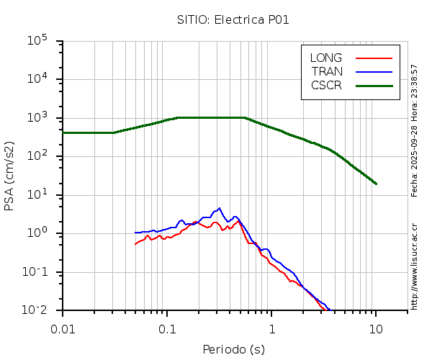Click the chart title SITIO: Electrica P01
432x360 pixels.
pyautogui.click(x=233, y=19)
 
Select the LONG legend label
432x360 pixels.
pyautogui.click(x=326, y=58)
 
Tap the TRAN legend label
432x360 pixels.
pyautogui.click(x=327, y=71)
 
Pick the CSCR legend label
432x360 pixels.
pyautogui.click(x=326, y=85)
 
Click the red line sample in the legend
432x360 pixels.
pyautogui.click(x=374, y=58)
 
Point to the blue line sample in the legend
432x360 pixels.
pyautogui.click(x=374, y=71)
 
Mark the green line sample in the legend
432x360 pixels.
pyautogui.click(x=374, y=85)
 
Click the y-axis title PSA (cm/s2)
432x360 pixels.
pyautogui.click(x=10, y=176)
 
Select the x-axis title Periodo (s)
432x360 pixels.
pyautogui.click(x=233, y=350)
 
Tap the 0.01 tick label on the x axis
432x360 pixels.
pyautogui.click(x=63, y=329)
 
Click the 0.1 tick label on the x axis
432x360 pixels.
pyautogui.click(x=167, y=329)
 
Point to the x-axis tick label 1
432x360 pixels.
pyautogui.click(x=271, y=329)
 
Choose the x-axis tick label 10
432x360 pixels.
pyautogui.click(x=376, y=329)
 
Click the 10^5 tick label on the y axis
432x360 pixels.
pyautogui.click(x=37, y=41)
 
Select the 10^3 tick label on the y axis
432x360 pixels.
pyautogui.click(x=37, y=118)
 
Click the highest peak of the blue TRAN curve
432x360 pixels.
pyautogui.click(x=219, y=208)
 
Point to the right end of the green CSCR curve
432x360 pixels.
pyautogui.click(x=376, y=184)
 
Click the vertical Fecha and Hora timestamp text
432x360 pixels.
pyautogui.click(x=415, y=130)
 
